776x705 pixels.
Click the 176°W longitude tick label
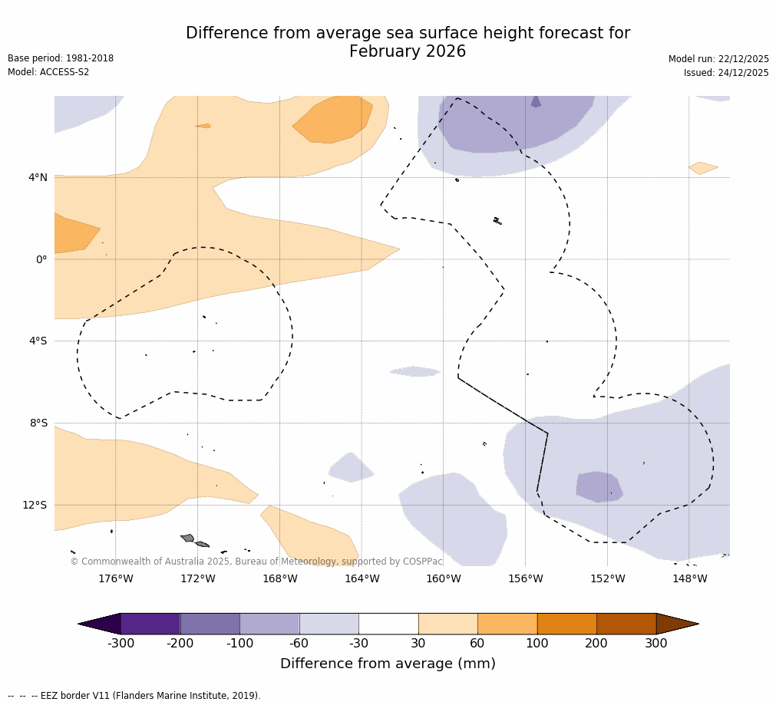coord(115,578)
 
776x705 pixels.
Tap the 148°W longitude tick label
coord(689,578)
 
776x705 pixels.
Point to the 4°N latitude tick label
coord(38,178)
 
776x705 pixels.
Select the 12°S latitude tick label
coord(35,505)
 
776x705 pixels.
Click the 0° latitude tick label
coord(41,259)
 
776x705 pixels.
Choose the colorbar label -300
coord(121,644)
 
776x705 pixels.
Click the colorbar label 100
coord(537,644)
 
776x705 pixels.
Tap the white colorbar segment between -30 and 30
coord(388,624)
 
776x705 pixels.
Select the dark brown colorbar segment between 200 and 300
coord(626,624)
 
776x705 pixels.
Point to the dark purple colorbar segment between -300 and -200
coord(150,624)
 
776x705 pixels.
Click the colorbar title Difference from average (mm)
coord(388,664)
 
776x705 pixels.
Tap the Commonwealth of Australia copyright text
coord(256,562)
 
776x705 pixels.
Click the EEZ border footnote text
coord(134,696)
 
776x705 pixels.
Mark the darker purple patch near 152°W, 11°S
coord(599,486)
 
